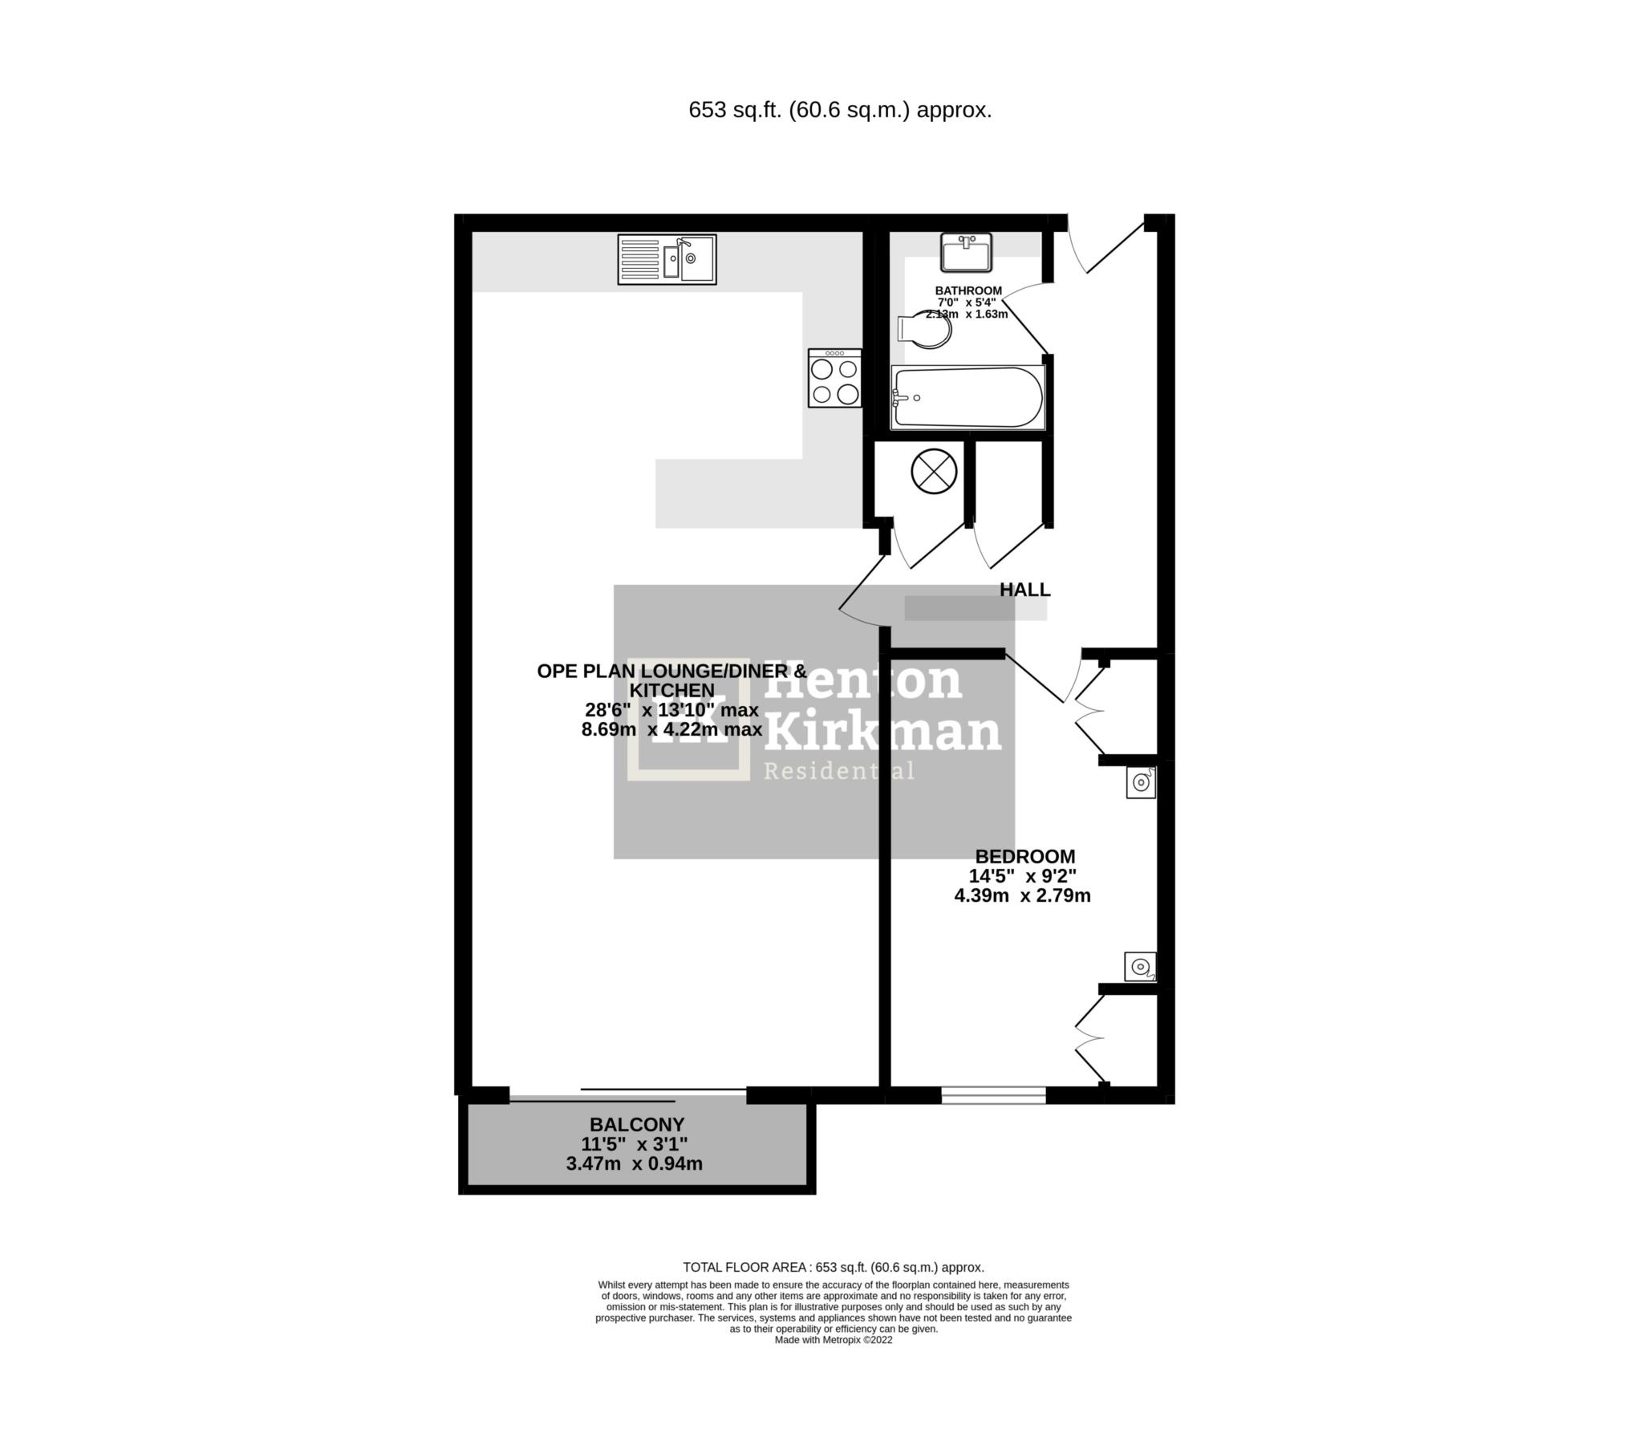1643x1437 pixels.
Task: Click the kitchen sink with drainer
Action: click(x=667, y=259)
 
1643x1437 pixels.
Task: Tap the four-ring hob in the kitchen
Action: click(x=834, y=378)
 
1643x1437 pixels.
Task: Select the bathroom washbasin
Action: click(x=967, y=253)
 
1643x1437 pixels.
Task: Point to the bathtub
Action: click(x=968, y=397)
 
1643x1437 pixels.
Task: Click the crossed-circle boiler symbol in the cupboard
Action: click(x=934, y=472)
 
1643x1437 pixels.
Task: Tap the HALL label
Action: click(x=1024, y=590)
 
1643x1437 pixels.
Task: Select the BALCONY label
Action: click(x=637, y=1124)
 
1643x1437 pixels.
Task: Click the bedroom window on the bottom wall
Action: click(x=993, y=1094)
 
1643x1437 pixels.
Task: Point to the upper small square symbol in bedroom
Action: click(x=1141, y=782)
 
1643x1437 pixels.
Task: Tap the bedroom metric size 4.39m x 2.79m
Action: click(x=1022, y=895)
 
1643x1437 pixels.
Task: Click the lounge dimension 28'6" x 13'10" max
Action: click(x=671, y=710)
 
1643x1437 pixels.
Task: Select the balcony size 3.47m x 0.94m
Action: click(x=634, y=1163)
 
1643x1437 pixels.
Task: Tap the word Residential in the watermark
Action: click(x=838, y=772)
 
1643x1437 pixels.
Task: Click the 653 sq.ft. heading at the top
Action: click(x=839, y=110)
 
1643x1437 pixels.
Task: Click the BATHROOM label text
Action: click(x=968, y=290)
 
